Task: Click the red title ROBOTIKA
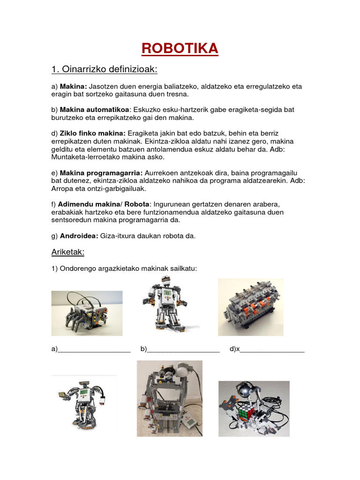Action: click(x=180, y=48)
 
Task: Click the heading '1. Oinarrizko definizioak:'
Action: click(x=104, y=70)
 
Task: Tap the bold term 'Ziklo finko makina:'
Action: click(x=91, y=134)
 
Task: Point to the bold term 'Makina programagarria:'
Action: click(x=99, y=173)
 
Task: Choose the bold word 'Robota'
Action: click(x=136, y=205)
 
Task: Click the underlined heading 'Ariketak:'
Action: click(x=67, y=253)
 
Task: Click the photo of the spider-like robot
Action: click(x=87, y=313)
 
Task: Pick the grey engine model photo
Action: click(x=250, y=307)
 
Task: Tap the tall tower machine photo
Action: click(x=169, y=398)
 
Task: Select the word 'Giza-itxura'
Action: click(x=118, y=236)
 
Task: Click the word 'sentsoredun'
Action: click(x=72, y=220)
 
